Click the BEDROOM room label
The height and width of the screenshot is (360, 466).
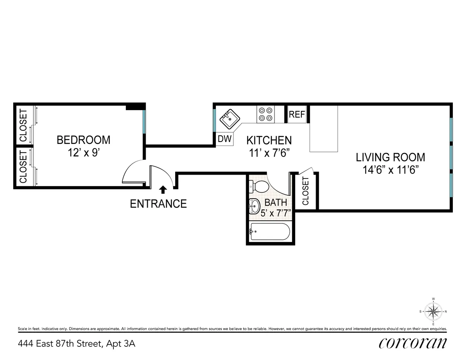tap(83, 140)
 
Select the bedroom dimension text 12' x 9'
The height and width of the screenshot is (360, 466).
tap(83, 152)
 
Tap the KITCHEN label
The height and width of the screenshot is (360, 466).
tap(269, 140)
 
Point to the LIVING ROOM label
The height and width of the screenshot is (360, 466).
tap(390, 157)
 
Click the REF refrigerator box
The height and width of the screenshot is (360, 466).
tap(297, 114)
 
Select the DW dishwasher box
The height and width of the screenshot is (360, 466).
tap(224, 139)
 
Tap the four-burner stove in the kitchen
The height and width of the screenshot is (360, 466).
tap(265, 114)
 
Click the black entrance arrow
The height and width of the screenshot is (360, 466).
tap(163, 189)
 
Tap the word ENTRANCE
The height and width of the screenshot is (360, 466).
tap(158, 204)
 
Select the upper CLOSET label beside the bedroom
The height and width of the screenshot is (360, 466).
tap(23, 125)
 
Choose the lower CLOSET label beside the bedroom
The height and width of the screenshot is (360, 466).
tap(23, 167)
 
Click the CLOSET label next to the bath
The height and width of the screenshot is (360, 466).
tap(305, 191)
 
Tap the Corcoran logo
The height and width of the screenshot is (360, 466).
tap(412, 343)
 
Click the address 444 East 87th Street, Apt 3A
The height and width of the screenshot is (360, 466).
tap(77, 344)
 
